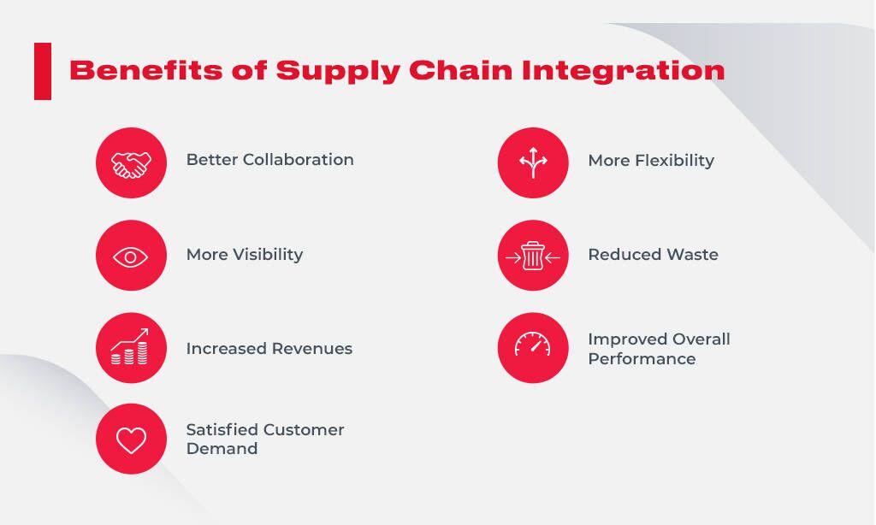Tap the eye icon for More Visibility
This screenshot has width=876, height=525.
[130, 257]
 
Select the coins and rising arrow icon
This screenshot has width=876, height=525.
[130, 347]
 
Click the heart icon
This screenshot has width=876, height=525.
[131, 440]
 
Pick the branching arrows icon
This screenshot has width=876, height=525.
[533, 162]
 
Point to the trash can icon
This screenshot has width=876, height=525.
[533, 256]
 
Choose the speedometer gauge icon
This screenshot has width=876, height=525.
[532, 344]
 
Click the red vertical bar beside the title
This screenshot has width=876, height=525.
[43, 72]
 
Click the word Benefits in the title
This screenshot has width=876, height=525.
[145, 70]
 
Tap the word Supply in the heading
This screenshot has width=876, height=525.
[338, 72]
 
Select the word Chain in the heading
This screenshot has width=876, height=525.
[461, 70]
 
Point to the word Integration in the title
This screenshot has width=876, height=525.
[624, 72]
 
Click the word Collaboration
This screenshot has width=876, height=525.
[299, 160]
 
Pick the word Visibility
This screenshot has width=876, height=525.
[268, 255]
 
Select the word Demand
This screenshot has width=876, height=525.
[222, 449]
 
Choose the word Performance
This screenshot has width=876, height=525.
[642, 358]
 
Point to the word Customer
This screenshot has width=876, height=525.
[304, 429]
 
